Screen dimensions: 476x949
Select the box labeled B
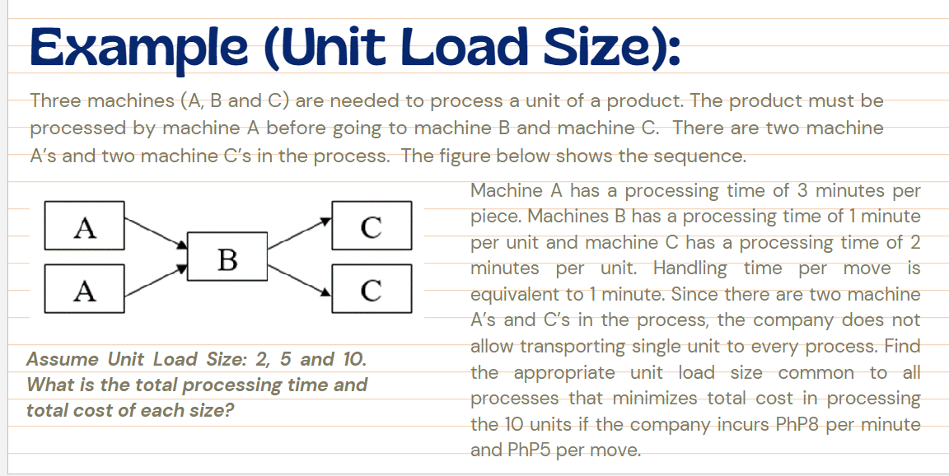pos(227,258)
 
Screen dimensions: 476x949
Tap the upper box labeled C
pos(371,225)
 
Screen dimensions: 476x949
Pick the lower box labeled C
pos(371,289)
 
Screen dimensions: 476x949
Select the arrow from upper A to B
pos(156,233)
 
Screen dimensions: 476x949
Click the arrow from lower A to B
pos(156,278)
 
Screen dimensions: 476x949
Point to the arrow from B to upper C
pos(299,233)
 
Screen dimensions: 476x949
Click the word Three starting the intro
pos(56,101)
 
